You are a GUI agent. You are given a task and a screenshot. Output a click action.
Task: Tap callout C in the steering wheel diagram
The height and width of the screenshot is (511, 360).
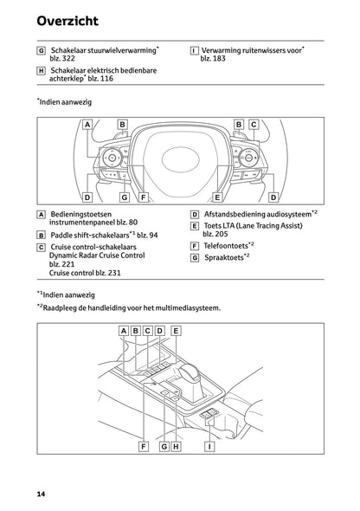(254, 125)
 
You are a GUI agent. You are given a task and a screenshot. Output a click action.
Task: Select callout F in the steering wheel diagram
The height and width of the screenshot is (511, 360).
(144, 197)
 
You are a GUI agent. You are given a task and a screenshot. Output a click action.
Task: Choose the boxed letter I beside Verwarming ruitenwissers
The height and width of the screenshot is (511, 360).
(194, 50)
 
